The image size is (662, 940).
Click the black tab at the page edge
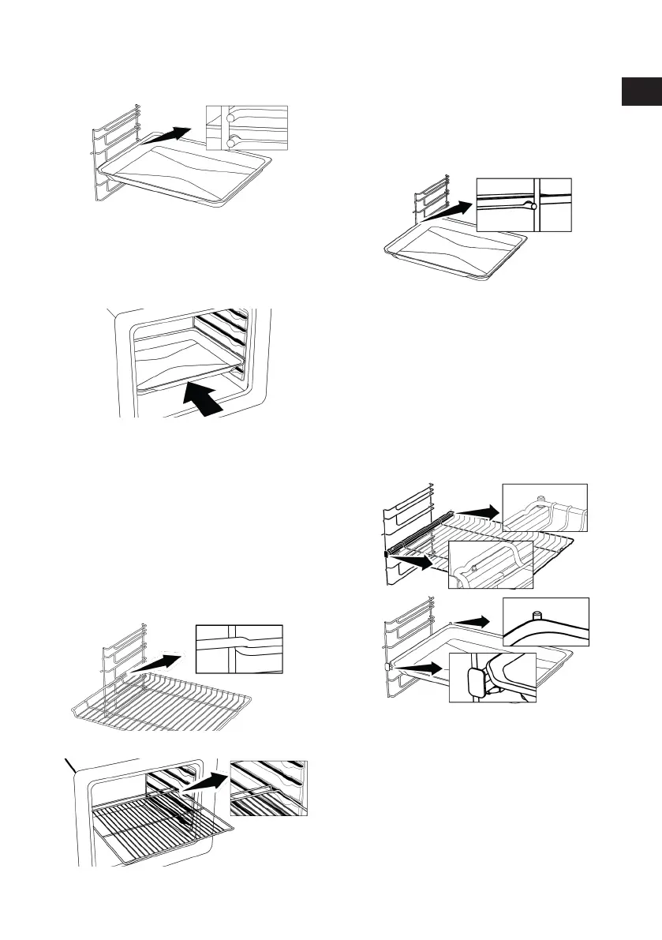coord(640,91)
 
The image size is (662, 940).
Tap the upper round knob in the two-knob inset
coord(229,116)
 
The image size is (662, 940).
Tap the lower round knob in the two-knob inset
coord(229,141)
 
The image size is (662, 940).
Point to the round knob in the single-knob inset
coord(534,206)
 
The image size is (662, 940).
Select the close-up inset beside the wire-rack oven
coord(269,788)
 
